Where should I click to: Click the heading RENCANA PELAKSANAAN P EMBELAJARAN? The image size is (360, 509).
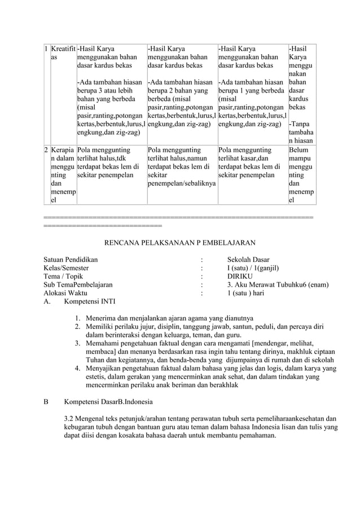click(x=180, y=243)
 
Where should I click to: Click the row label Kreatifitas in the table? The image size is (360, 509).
click(x=63, y=53)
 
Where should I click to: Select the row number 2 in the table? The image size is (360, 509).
click(x=46, y=151)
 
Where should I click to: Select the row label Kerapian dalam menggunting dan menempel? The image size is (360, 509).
click(x=63, y=175)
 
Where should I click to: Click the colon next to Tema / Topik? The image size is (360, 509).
click(x=201, y=277)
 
